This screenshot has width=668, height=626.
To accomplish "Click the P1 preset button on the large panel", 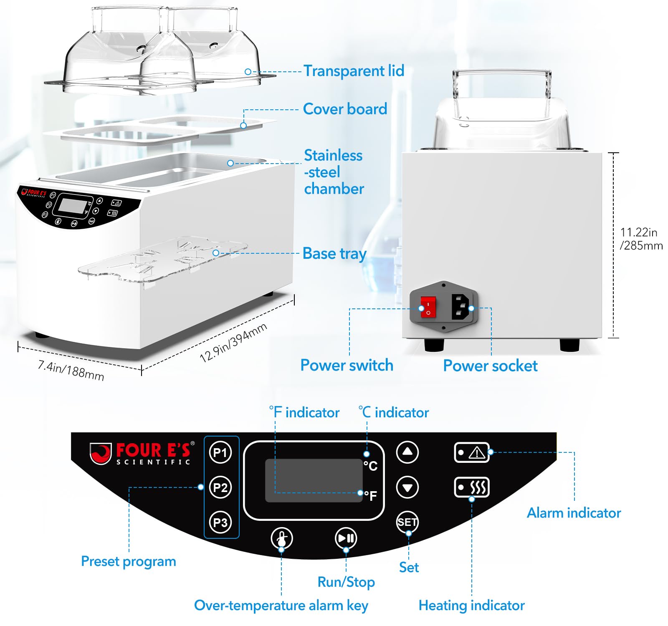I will (x=220, y=452).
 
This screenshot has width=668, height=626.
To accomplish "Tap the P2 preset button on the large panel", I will (x=220, y=487).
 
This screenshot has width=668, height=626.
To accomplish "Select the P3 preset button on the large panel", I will (x=220, y=522).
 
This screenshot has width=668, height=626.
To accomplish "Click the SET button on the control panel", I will (x=407, y=522).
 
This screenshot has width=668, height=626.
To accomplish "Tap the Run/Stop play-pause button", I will (x=346, y=538).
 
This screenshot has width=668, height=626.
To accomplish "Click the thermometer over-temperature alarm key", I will (x=282, y=538).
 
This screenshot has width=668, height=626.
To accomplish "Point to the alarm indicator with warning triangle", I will (x=472, y=452).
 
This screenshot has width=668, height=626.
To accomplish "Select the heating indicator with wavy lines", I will (x=472, y=487).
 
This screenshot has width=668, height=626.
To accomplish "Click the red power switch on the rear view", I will (x=428, y=307).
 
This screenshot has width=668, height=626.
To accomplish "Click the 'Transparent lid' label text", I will (x=354, y=71).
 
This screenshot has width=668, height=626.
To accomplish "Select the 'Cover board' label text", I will (x=345, y=109).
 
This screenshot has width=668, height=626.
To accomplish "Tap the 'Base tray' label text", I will (x=334, y=253).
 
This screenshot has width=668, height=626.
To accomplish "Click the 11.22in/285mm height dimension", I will (x=641, y=239).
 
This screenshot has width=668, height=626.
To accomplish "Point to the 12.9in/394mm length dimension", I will (x=233, y=343).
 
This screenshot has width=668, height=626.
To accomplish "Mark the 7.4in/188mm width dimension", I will (x=71, y=370).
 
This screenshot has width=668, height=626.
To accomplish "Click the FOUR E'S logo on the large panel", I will (x=142, y=453).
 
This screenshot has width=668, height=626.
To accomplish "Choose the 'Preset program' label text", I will (x=129, y=561).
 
